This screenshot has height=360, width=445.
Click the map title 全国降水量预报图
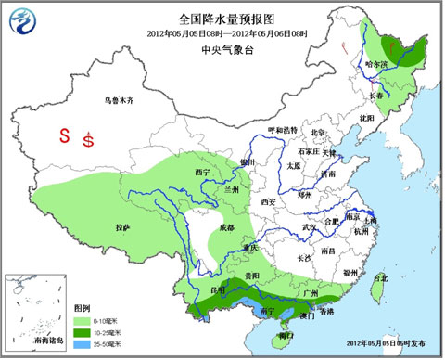[222, 17]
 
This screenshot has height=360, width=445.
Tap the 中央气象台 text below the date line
[222, 52]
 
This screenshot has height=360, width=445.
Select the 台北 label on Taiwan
[381, 277]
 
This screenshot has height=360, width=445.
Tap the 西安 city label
[269, 201]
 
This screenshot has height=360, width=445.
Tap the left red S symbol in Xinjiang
[65, 135]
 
